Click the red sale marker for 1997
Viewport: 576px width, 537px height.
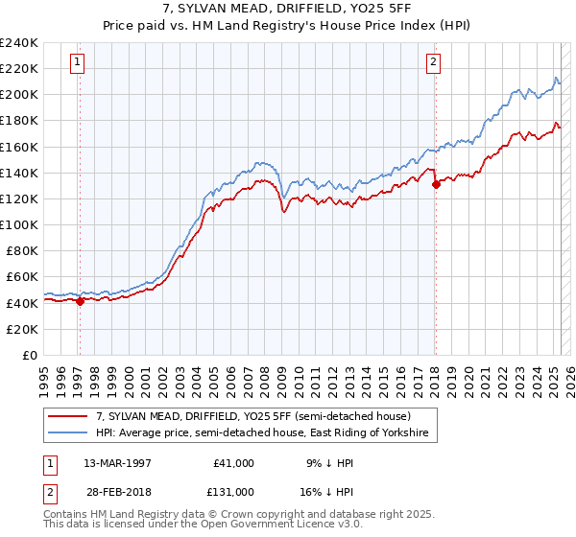pyautogui.click(x=80, y=301)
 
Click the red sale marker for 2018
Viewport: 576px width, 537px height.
pyautogui.click(x=435, y=184)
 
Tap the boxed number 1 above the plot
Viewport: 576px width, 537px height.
pyautogui.click(x=77, y=63)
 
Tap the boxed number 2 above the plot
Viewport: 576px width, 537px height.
pyautogui.click(x=433, y=63)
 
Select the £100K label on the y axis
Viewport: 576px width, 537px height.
pyautogui.click(x=19, y=224)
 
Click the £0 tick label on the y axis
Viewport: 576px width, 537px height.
pyautogui.click(x=29, y=355)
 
